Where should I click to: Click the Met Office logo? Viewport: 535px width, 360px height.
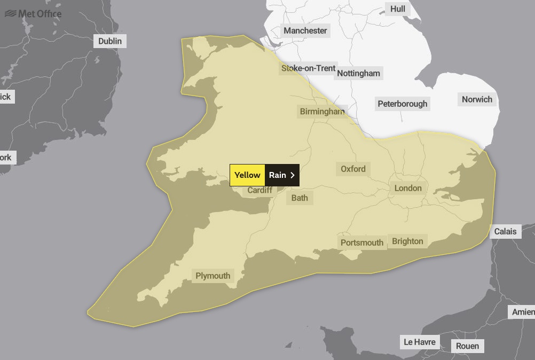click(33, 13)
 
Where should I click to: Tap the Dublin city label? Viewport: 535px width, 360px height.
click(110, 41)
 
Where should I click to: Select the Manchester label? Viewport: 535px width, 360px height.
click(305, 30)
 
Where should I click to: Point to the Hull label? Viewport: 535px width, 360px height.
click(398, 9)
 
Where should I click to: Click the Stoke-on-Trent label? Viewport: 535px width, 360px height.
click(308, 68)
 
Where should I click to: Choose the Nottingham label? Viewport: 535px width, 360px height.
click(359, 73)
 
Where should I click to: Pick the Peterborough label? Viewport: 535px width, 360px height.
click(403, 104)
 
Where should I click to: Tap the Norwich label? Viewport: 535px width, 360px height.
click(477, 99)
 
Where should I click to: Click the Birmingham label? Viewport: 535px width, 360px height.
click(322, 112)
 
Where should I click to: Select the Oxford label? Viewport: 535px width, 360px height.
click(353, 169)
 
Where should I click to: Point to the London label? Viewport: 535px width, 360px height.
click(408, 188)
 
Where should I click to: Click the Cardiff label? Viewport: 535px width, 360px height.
click(260, 190)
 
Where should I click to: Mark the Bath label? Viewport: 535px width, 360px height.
click(300, 198)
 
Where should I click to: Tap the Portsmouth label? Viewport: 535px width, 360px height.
click(362, 242)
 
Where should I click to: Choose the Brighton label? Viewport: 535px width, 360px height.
click(407, 241)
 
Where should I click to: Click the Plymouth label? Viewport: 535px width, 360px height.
click(213, 276)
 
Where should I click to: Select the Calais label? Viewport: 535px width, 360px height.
click(505, 231)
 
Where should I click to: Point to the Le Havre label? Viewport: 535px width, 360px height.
click(420, 342)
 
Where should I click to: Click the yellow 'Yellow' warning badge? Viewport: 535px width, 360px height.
click(247, 175)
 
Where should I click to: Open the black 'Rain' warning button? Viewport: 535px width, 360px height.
click(282, 175)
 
